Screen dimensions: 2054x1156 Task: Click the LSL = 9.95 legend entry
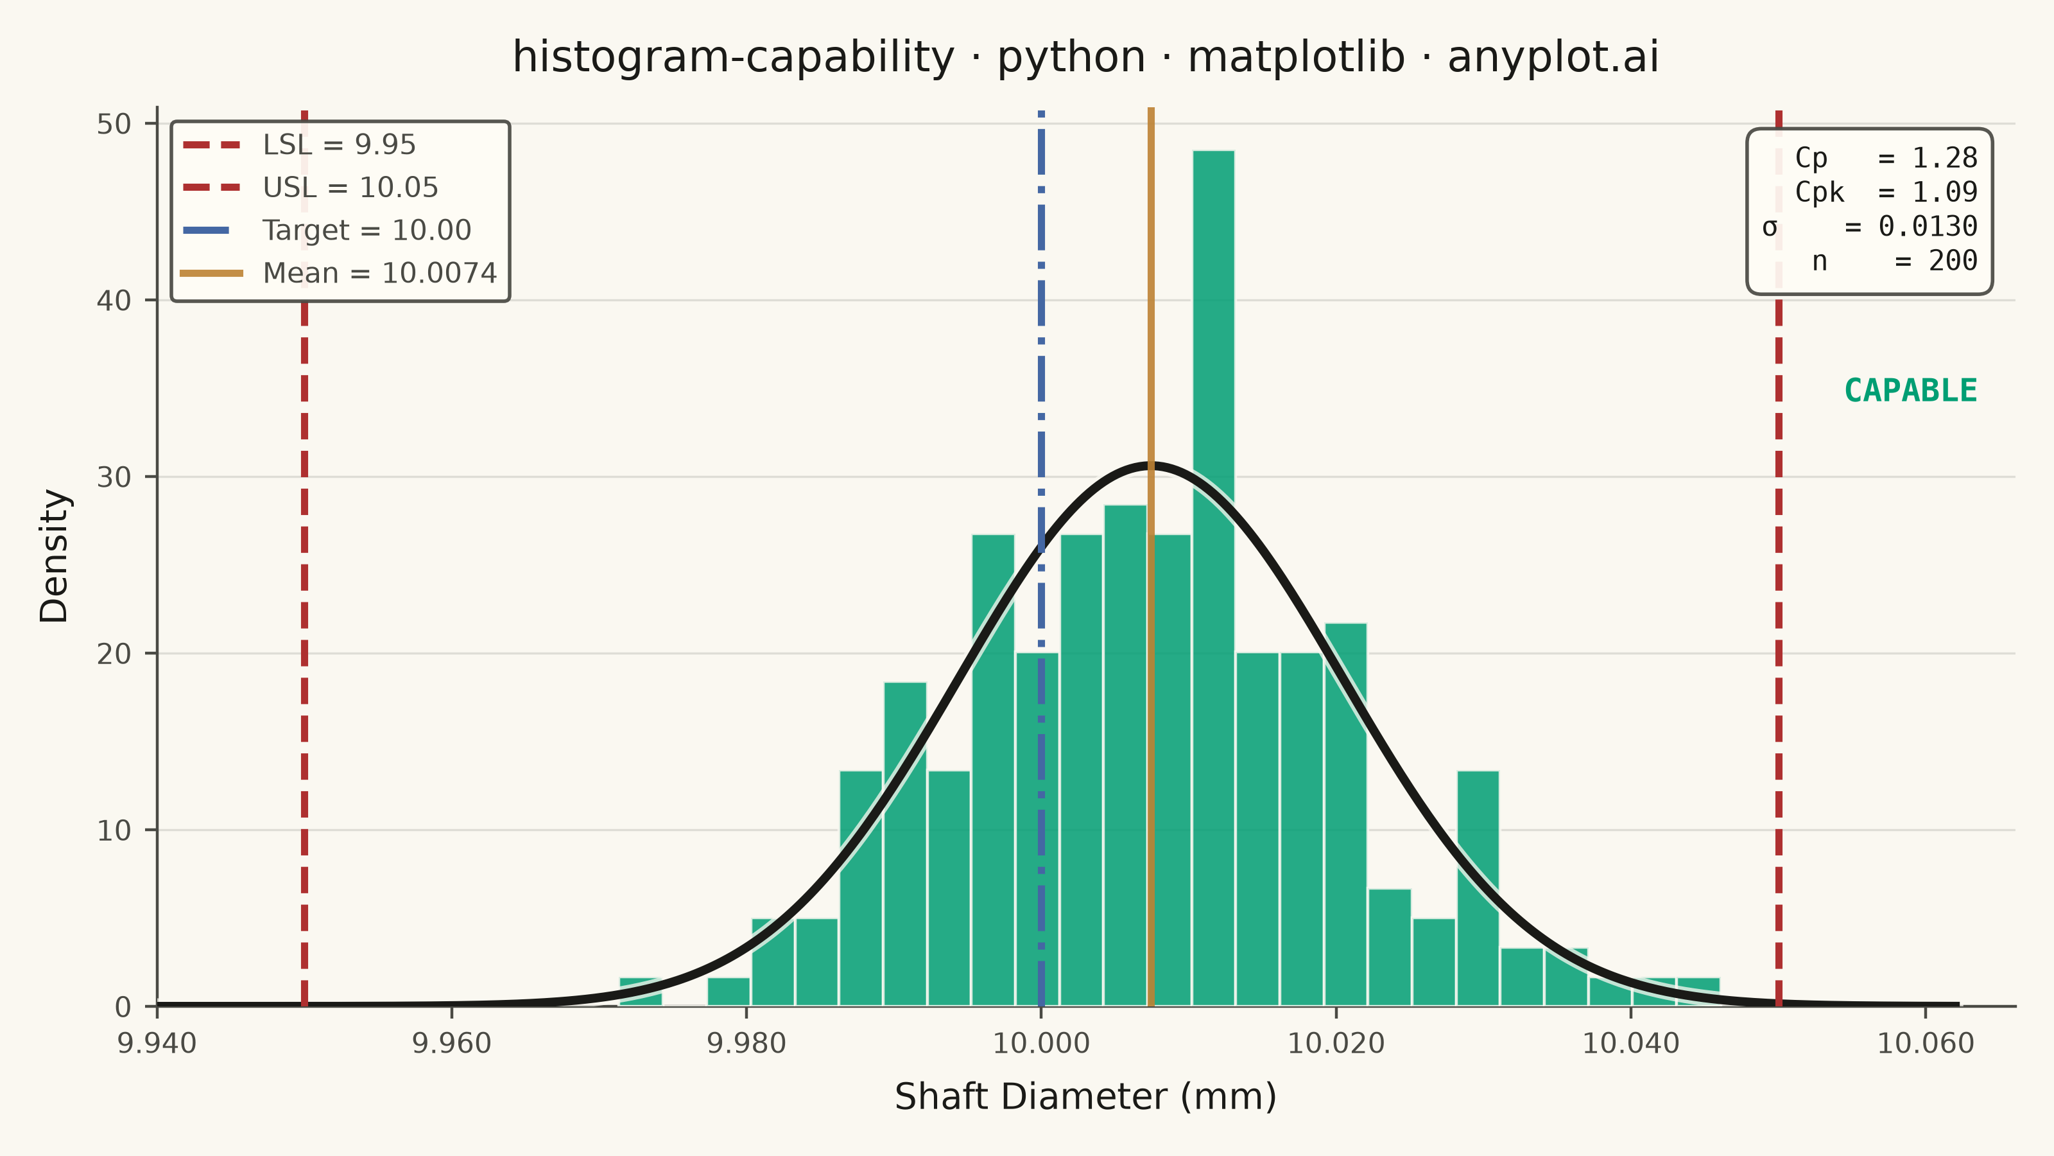click(299, 145)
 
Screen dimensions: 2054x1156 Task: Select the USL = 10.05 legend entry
click(310, 188)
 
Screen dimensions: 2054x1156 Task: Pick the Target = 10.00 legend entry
click(327, 231)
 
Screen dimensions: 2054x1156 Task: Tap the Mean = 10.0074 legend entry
click(339, 274)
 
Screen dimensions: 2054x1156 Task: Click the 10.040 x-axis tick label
click(1630, 1044)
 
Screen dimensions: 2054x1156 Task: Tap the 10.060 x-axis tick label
click(1926, 1044)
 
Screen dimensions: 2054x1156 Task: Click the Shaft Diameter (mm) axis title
click(1085, 1097)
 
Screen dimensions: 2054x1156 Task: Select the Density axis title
click(54, 556)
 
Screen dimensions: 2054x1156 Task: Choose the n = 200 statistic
click(1895, 261)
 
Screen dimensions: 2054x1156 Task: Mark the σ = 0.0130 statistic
click(1870, 227)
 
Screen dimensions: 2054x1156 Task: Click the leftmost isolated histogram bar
click(641, 992)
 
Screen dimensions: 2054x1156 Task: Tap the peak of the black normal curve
click(1151, 465)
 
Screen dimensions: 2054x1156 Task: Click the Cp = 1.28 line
click(1886, 158)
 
